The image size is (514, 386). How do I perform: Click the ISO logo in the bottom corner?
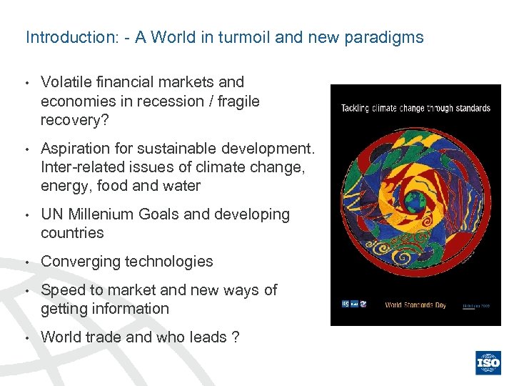click(x=489, y=362)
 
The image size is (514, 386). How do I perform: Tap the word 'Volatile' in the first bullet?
click(x=66, y=82)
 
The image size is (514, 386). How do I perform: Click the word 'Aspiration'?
click(x=76, y=149)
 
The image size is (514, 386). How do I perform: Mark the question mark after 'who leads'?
click(x=236, y=337)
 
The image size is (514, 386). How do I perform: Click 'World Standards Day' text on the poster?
click(x=415, y=305)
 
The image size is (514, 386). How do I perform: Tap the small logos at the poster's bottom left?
click(x=353, y=305)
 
